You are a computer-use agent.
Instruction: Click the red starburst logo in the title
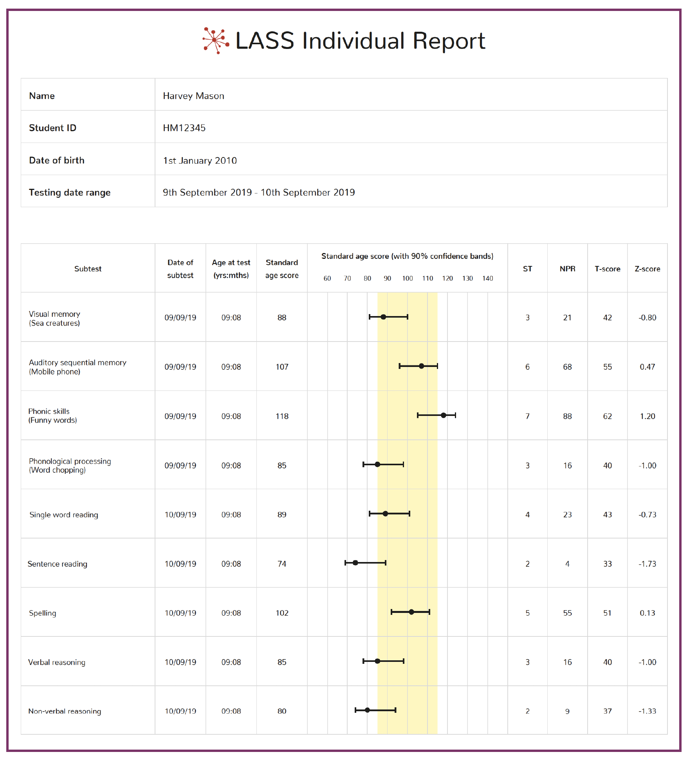216,40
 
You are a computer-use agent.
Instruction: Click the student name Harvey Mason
193,96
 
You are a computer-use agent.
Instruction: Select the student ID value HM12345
184,128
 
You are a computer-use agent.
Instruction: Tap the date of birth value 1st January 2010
200,161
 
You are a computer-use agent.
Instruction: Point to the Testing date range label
70,193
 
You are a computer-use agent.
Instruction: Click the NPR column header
567,269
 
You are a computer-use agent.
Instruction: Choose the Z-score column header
647,269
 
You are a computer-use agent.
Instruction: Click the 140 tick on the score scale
487,278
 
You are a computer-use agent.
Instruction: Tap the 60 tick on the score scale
327,278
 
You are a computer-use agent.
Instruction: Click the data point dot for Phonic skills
444,415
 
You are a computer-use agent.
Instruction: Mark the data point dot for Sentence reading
355,563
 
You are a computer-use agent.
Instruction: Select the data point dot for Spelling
411,612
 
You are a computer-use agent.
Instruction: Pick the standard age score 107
282,367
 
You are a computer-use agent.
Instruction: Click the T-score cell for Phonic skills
607,416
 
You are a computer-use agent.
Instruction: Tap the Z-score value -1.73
647,564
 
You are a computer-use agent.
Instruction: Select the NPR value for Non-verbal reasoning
567,711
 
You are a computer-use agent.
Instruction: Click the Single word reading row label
64,515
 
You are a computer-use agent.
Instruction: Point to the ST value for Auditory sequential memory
527,367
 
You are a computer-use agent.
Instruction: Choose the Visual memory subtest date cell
180,318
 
